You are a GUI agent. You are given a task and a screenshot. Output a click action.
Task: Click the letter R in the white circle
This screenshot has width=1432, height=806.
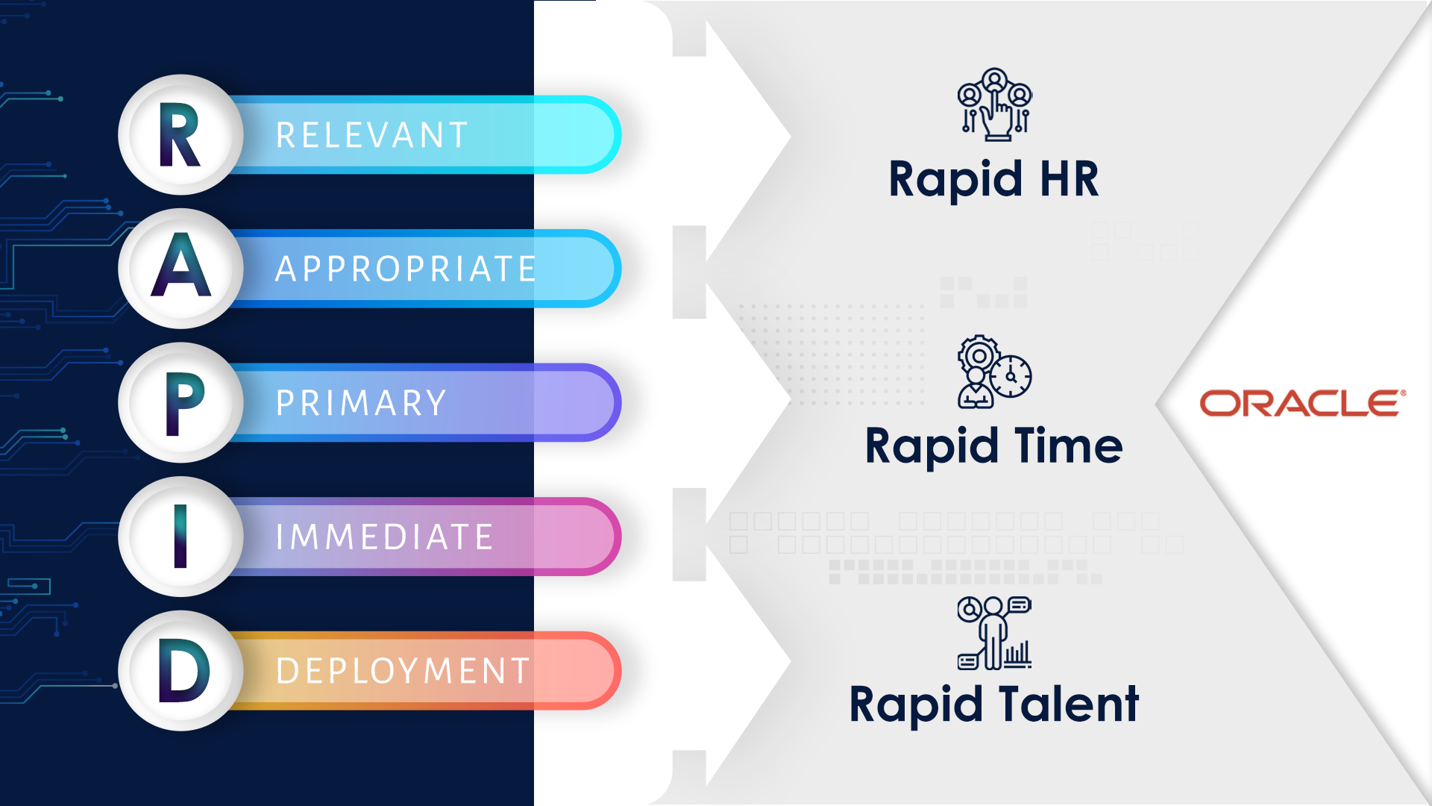pyautogui.click(x=179, y=135)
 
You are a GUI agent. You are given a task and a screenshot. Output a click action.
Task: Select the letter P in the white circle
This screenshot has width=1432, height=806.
pyautogui.click(x=184, y=404)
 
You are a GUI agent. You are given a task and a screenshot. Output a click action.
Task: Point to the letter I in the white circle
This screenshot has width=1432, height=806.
pyautogui.click(x=180, y=537)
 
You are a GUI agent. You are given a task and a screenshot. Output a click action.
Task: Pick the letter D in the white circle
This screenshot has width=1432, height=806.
pyautogui.click(x=184, y=672)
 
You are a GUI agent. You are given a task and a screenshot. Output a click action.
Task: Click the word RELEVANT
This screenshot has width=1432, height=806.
pyautogui.click(x=372, y=136)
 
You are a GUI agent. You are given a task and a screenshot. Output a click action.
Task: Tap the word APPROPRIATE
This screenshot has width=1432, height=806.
pyautogui.click(x=406, y=269)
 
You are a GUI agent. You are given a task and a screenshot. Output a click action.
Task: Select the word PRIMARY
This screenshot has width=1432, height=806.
pyautogui.click(x=361, y=403)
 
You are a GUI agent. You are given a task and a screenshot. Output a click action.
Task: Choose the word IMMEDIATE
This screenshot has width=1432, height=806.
pyautogui.click(x=384, y=537)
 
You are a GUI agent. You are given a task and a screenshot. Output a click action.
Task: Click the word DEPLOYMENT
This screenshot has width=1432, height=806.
pyautogui.click(x=403, y=671)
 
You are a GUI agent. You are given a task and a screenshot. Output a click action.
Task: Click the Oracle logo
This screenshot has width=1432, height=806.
pyautogui.click(x=1303, y=403)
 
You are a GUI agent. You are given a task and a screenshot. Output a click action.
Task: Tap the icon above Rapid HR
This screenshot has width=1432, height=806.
pyautogui.click(x=995, y=104)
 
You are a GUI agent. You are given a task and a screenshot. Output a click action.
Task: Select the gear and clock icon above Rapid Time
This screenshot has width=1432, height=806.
pyautogui.click(x=995, y=372)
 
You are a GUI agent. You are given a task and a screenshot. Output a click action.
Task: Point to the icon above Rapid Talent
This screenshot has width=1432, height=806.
pyautogui.click(x=995, y=633)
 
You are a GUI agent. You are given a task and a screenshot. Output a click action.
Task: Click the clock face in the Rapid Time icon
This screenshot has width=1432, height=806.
pyautogui.click(x=1011, y=376)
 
